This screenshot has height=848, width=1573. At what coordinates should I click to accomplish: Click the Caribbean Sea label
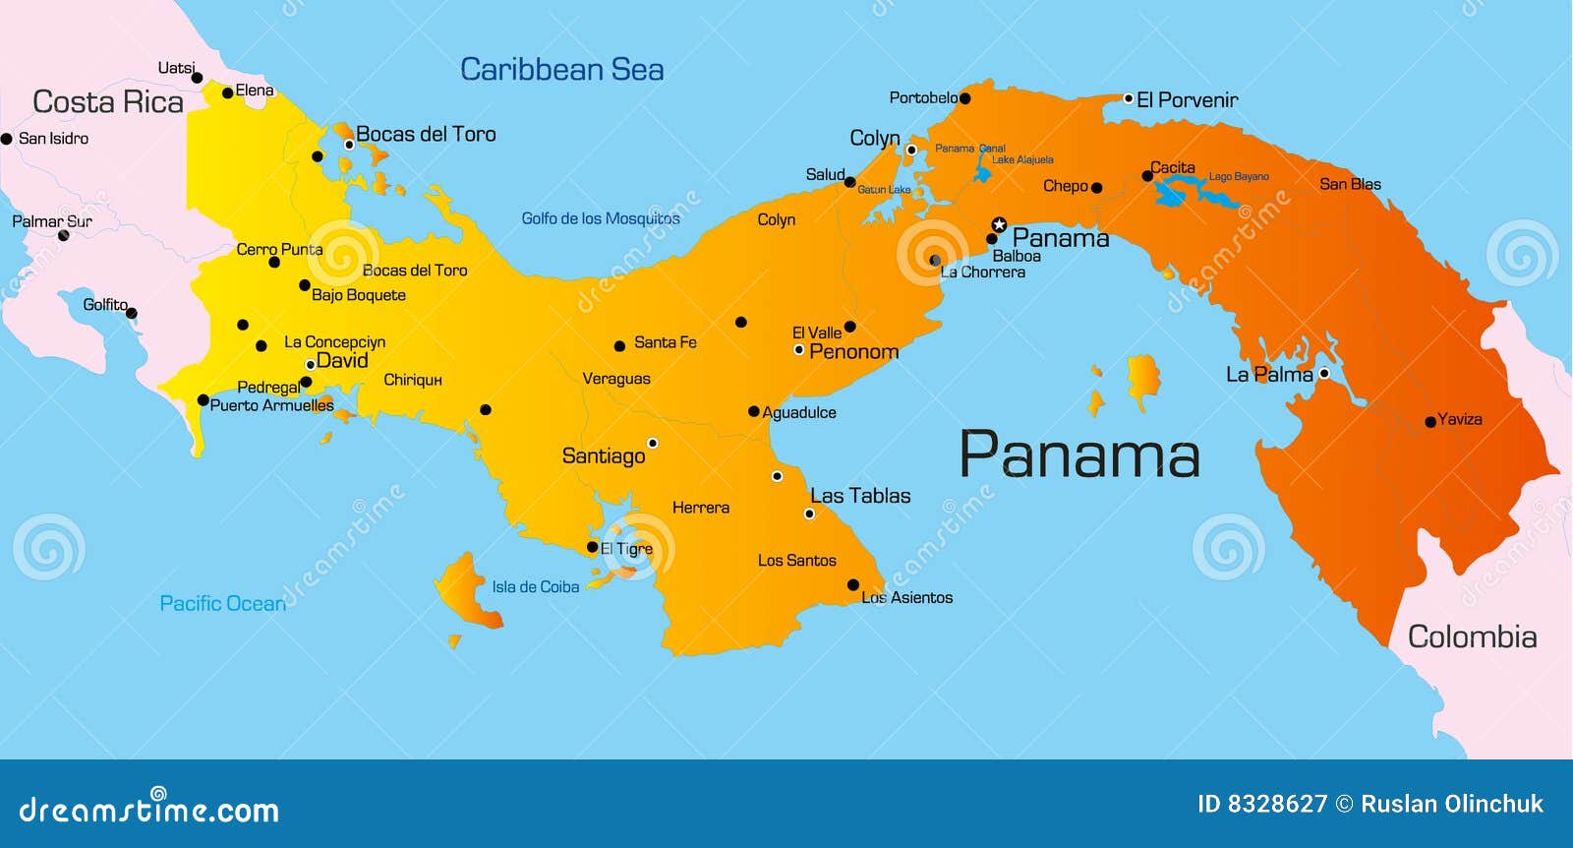561,70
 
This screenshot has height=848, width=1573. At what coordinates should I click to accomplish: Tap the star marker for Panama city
999,224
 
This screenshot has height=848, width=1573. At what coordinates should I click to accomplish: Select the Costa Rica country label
108,102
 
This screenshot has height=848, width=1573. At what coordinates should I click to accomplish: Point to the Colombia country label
1472,636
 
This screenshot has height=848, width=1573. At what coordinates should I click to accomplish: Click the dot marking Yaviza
1430,422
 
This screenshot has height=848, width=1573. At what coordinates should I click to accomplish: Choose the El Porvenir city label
1187,99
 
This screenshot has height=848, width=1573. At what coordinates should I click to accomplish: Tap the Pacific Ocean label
223,603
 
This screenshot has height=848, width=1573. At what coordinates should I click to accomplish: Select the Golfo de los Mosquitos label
600,218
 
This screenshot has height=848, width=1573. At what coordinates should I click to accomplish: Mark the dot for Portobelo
964,98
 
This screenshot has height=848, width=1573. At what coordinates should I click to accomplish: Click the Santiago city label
604,455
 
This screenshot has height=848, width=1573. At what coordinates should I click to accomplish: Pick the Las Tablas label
860,496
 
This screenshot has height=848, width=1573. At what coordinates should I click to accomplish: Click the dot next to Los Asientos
853,585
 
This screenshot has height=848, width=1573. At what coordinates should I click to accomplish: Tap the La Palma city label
1268,375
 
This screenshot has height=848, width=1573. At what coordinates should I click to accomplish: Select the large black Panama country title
1078,454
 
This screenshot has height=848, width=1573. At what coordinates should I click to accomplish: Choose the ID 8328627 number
1262,804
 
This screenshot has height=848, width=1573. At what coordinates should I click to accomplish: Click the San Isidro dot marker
6,139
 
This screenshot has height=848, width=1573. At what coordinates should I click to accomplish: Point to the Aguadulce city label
799,412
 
